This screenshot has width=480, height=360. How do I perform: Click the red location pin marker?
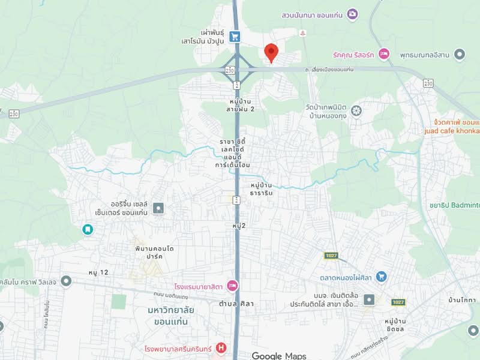(x=271, y=52)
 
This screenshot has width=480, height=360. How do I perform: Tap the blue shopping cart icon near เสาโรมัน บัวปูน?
(x=235, y=37)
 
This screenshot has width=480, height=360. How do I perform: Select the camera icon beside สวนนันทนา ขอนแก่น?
(x=352, y=13)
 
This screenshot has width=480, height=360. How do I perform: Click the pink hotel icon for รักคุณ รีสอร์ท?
(x=384, y=54)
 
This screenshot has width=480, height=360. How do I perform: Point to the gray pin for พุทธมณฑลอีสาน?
(x=460, y=55)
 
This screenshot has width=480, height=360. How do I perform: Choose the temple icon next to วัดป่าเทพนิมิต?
(x=357, y=111)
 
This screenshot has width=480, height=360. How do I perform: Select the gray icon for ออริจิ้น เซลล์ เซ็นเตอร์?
(x=158, y=209)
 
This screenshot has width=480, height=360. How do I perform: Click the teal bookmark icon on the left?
(x=88, y=229)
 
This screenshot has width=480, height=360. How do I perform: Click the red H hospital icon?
(x=221, y=347)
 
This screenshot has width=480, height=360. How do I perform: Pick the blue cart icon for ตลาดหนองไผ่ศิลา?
(x=381, y=277)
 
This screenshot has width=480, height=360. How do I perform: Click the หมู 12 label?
(x=98, y=272)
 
